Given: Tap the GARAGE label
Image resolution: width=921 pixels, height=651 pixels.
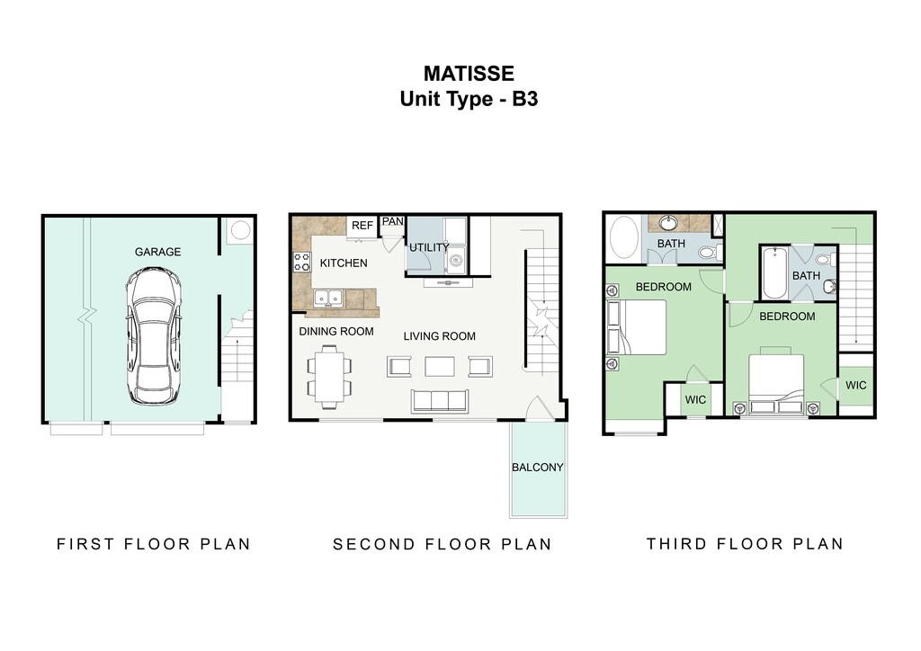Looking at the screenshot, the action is click(157, 252).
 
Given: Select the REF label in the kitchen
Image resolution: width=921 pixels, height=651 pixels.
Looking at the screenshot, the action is click(362, 226).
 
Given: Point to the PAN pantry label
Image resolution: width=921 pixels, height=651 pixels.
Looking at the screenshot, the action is click(392, 221).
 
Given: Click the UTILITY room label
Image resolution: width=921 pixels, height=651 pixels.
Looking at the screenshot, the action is click(429, 247).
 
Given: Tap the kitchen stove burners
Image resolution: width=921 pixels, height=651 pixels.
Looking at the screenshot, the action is click(301, 262).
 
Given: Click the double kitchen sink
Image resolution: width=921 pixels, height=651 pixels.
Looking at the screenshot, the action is click(327, 299).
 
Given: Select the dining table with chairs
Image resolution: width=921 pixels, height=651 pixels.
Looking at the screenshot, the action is click(329, 376).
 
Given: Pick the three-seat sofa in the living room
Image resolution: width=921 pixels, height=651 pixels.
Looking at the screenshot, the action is click(439, 401).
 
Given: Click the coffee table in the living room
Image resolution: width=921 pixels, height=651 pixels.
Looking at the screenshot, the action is click(439, 366).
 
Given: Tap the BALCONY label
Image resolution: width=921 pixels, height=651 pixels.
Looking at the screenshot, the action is click(538, 468).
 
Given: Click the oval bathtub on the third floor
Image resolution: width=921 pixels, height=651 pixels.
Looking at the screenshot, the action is click(624, 237).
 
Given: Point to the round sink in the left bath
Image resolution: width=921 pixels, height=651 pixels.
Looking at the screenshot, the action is click(668, 222).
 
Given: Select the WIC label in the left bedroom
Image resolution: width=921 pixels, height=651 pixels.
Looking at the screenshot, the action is click(695, 400).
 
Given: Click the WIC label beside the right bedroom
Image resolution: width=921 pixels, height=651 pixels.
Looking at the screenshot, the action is click(856, 385).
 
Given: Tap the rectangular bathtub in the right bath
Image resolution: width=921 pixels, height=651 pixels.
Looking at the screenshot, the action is click(774, 273).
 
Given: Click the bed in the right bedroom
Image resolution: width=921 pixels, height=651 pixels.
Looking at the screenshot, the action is click(776, 380).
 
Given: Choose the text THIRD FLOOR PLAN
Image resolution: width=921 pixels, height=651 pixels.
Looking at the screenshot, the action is click(745, 544).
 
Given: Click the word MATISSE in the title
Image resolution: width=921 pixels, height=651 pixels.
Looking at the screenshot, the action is click(469, 74).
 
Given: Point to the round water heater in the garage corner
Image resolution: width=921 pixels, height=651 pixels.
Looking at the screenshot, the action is click(240, 230).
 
